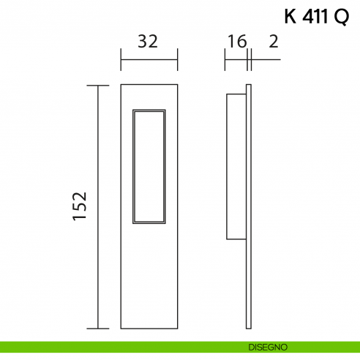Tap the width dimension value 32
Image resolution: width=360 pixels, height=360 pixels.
pos(148,42)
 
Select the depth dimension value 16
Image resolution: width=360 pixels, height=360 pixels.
pos(236,42)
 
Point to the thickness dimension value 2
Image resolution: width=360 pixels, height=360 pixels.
pos(273,42)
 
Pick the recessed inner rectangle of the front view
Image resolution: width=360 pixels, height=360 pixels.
pos(149,165)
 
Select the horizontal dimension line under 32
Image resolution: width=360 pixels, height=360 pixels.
pos(149,60)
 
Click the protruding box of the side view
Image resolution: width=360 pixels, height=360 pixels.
pos(236,166)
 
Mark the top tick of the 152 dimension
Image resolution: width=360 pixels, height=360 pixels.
pos(98,86)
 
